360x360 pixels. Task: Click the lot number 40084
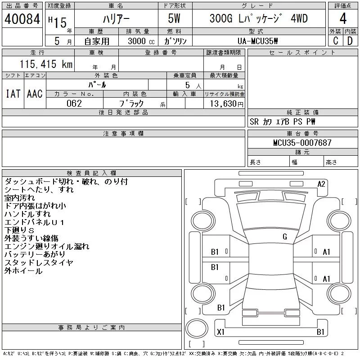(x=22, y=19)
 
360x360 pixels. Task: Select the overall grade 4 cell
(x=343, y=19)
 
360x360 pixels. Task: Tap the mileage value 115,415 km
(x=46, y=64)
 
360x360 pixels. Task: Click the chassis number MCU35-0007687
(x=302, y=143)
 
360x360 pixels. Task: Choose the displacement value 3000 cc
(x=136, y=41)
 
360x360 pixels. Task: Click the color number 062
(x=74, y=103)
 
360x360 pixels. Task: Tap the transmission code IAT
(x=13, y=94)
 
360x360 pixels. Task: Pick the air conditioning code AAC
(x=35, y=94)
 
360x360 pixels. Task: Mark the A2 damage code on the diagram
(x=321, y=184)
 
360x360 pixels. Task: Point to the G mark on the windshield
(x=284, y=237)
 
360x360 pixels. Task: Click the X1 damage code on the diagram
(x=220, y=332)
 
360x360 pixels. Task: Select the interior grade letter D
(x=350, y=41)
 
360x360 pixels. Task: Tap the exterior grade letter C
(x=335, y=41)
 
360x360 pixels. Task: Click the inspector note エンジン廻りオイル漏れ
(x=47, y=247)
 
